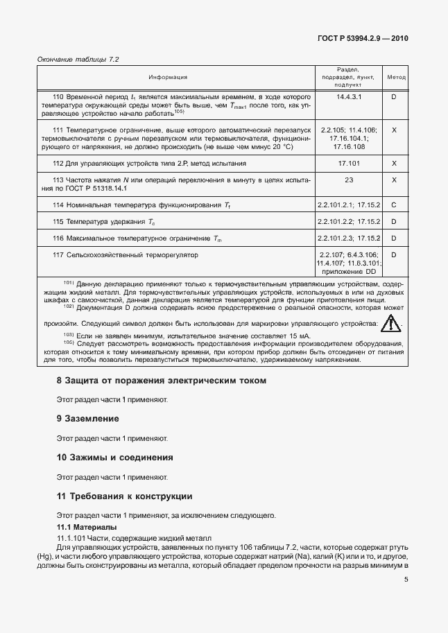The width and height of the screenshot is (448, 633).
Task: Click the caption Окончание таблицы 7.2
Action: click(x=78, y=60)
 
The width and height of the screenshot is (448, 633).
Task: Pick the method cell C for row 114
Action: click(x=394, y=205)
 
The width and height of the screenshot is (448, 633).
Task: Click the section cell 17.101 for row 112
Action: click(x=349, y=163)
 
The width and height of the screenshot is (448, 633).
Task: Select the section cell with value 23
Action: click(x=349, y=180)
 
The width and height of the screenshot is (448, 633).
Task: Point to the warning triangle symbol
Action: click(x=392, y=323)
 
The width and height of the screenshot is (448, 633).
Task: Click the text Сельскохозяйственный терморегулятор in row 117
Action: click(x=132, y=255)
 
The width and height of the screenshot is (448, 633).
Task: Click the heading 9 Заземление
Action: click(x=87, y=419)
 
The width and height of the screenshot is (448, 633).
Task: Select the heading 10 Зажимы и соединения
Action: click(x=114, y=458)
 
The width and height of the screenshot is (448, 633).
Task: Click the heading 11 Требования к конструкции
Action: click(x=124, y=496)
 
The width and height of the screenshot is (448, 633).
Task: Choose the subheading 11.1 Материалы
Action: click(x=86, y=528)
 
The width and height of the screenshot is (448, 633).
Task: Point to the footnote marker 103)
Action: click(x=69, y=336)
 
